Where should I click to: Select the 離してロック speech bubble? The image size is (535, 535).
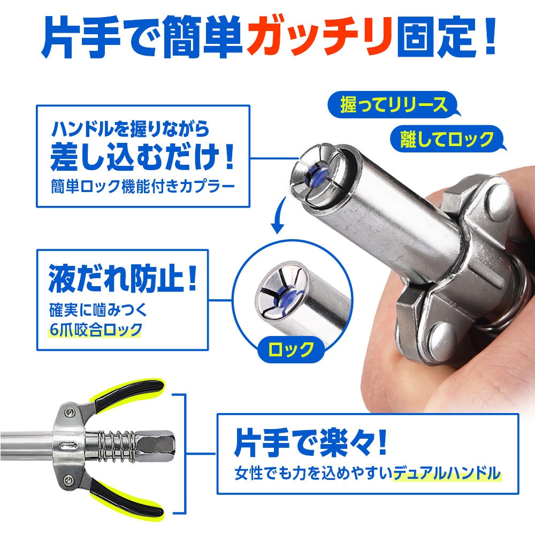(x=447, y=139)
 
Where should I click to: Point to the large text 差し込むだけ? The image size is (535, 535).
(x=142, y=158)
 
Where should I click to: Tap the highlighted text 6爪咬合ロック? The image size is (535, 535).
(x=95, y=328)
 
